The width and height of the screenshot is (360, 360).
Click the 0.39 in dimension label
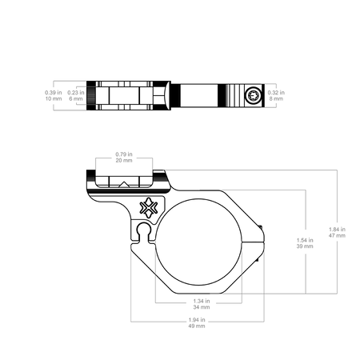click(x=54, y=93)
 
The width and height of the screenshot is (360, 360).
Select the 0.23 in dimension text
click(x=76, y=93)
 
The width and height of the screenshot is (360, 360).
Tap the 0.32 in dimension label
click(x=276, y=93)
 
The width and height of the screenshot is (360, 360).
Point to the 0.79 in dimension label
click(x=124, y=154)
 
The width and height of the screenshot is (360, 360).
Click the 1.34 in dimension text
click(x=202, y=301)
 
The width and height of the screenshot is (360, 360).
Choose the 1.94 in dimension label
click(x=197, y=320)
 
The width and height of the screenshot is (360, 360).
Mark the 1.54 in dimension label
click(x=305, y=240)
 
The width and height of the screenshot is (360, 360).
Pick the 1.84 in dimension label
click(x=337, y=230)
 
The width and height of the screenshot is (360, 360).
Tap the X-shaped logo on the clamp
click(x=149, y=207)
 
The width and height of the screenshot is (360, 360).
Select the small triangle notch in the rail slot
click(x=124, y=184)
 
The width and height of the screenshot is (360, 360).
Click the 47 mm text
click(x=337, y=235)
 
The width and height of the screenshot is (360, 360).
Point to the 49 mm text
click(x=197, y=326)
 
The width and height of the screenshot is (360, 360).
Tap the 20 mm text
click(x=124, y=160)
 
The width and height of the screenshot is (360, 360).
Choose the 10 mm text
click(x=54, y=98)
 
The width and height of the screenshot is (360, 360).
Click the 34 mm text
click(x=202, y=307)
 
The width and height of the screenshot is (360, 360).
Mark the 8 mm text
click(x=276, y=98)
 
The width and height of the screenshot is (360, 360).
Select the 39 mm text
click(x=305, y=246)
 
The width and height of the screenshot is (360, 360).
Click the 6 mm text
click(x=76, y=98)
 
